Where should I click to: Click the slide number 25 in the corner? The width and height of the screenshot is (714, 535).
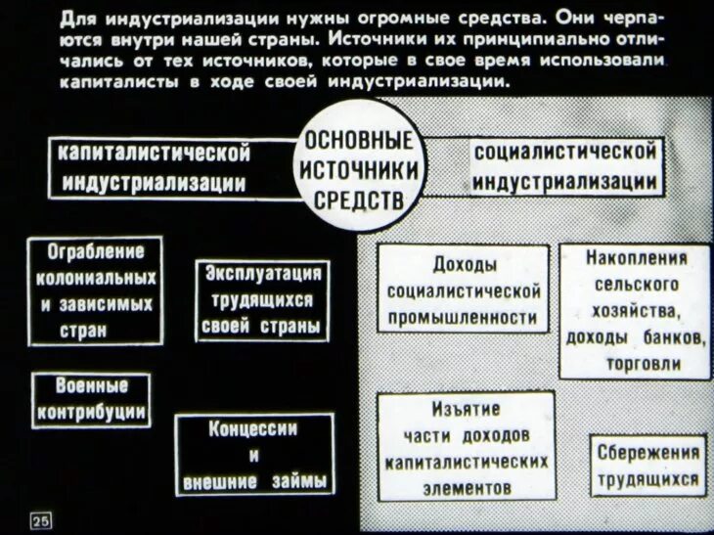pyautogui.click(x=42, y=519)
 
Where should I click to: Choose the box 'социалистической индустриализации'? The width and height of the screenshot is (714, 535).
pyautogui.click(x=564, y=167)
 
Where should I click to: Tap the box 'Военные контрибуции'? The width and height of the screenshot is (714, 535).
pyautogui.click(x=92, y=399)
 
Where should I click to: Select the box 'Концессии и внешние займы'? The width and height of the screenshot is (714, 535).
pyautogui.click(x=253, y=456)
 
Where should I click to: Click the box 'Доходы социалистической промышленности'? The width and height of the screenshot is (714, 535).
pyautogui.click(x=463, y=290)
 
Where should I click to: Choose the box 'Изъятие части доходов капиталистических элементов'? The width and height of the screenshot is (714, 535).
pyautogui.click(x=466, y=447)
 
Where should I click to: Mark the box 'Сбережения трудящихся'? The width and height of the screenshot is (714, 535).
pyautogui.click(x=647, y=467)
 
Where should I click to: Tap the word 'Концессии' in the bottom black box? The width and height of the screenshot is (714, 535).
pyautogui.click(x=253, y=429)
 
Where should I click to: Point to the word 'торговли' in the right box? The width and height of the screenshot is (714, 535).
pyautogui.click(x=636, y=362)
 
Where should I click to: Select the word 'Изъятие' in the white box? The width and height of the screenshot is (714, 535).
pyautogui.click(x=467, y=409)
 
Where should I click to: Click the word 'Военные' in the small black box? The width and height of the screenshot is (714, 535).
pyautogui.click(x=91, y=385)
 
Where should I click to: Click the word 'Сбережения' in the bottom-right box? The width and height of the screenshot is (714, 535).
pyautogui.click(x=647, y=454)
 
